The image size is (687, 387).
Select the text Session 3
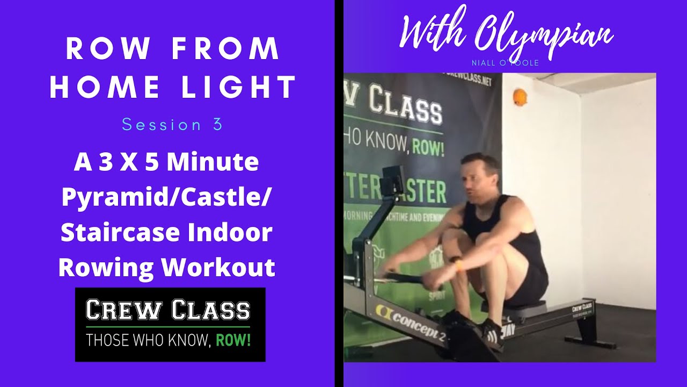click(172, 125)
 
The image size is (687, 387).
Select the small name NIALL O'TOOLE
click(505, 63)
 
